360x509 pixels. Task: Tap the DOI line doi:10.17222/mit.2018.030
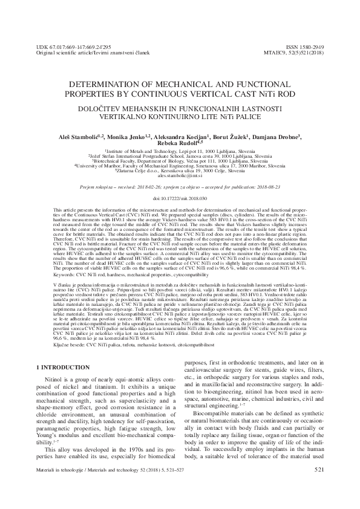[180, 198]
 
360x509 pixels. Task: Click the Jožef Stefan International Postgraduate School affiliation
[180, 155]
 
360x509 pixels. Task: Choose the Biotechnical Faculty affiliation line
[180, 160]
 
